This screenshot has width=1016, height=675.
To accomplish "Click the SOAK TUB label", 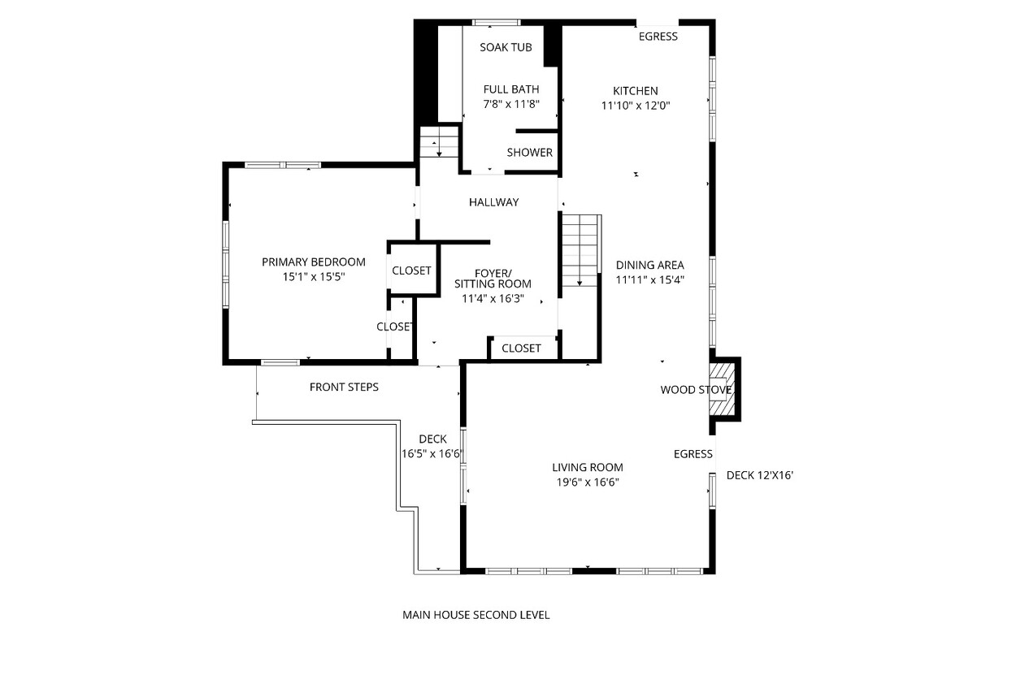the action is click(x=506, y=47).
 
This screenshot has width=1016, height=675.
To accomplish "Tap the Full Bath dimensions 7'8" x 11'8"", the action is click(x=511, y=104).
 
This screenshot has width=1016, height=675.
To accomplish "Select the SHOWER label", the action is click(x=530, y=153).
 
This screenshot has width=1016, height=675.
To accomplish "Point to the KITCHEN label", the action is click(x=636, y=91).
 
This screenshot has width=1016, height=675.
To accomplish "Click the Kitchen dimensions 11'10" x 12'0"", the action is click(x=636, y=106).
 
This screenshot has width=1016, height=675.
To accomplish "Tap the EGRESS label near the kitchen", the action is click(x=658, y=37).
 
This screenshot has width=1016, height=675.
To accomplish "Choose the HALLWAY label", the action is click(x=494, y=202).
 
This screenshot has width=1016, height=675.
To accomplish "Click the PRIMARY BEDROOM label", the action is click(x=314, y=262).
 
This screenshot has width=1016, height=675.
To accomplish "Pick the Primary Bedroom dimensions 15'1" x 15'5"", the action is click(x=314, y=276).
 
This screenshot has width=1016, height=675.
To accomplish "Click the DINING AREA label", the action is click(x=650, y=265).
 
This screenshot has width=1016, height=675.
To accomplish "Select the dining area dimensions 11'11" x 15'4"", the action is click(x=650, y=279).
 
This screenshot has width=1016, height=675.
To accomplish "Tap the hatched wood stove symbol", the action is click(x=722, y=388).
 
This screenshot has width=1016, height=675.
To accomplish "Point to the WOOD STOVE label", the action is click(x=696, y=390).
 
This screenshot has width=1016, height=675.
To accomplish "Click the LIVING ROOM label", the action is click(x=588, y=467).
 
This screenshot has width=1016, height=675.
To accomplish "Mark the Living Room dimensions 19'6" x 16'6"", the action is click(x=588, y=482).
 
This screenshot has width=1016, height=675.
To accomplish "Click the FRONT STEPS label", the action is click(x=344, y=387).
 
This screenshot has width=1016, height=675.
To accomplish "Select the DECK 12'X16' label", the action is click(x=760, y=475).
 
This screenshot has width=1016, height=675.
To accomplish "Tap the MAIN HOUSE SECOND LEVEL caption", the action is click(x=475, y=615).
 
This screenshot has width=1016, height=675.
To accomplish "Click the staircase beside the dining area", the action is click(x=580, y=250).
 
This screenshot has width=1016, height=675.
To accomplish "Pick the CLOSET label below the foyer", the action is click(x=521, y=348).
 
